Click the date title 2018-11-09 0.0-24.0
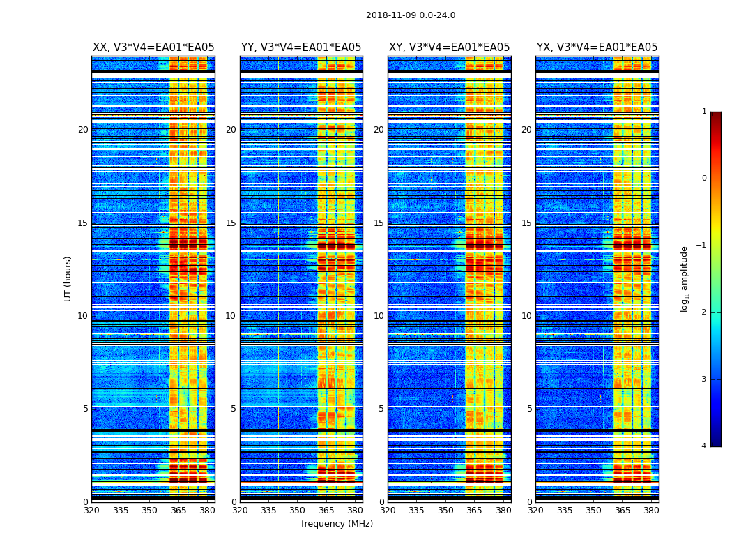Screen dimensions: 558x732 pyautogui.click(x=411, y=15)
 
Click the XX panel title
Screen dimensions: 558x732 pyautogui.click(x=153, y=47)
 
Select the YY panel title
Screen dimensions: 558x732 pyautogui.click(x=301, y=47)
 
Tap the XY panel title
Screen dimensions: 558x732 pyautogui.click(x=449, y=47)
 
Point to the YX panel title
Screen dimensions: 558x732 pyautogui.click(x=597, y=47)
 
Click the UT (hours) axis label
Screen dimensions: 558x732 pyautogui.click(x=68, y=278)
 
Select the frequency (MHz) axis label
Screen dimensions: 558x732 pyautogui.click(x=337, y=524)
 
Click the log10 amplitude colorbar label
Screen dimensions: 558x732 pyautogui.click(x=685, y=279)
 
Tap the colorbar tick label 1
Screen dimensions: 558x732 pyautogui.click(x=703, y=112)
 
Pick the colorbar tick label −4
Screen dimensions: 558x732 pyautogui.click(x=702, y=446)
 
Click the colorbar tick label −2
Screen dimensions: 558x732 pyautogui.click(x=702, y=312)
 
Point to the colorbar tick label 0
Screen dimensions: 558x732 pyautogui.click(x=703, y=179)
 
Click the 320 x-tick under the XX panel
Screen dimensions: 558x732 pyautogui.click(x=92, y=510)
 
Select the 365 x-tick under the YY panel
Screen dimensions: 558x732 pyautogui.click(x=326, y=510)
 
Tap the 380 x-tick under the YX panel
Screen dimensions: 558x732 pyautogui.click(x=651, y=510)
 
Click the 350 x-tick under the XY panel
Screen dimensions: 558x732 pyautogui.click(x=445, y=510)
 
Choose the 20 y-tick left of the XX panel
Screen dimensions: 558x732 pyautogui.click(x=83, y=130)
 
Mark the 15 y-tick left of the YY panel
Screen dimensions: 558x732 pyautogui.click(x=231, y=223)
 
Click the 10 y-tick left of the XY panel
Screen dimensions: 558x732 pyautogui.click(x=379, y=316)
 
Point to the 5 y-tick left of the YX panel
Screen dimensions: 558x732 pyautogui.click(x=529, y=409)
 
